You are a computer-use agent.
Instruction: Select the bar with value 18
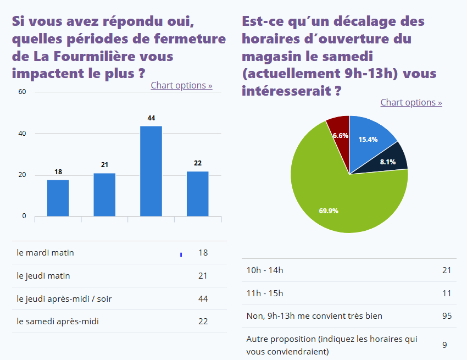58,198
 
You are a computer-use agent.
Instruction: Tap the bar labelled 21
104,195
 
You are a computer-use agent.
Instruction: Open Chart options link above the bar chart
181,85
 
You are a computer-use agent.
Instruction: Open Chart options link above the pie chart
411,102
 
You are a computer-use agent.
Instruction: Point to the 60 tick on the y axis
23,92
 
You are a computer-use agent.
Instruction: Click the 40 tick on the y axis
23,134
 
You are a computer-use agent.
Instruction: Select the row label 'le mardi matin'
46,253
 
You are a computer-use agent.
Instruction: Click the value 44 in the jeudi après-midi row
203,298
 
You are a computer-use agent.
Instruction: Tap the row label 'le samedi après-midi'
58,321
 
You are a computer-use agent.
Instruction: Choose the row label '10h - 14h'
265,270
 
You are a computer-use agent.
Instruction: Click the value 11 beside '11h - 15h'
447,293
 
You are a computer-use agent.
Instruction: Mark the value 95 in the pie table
447,315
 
